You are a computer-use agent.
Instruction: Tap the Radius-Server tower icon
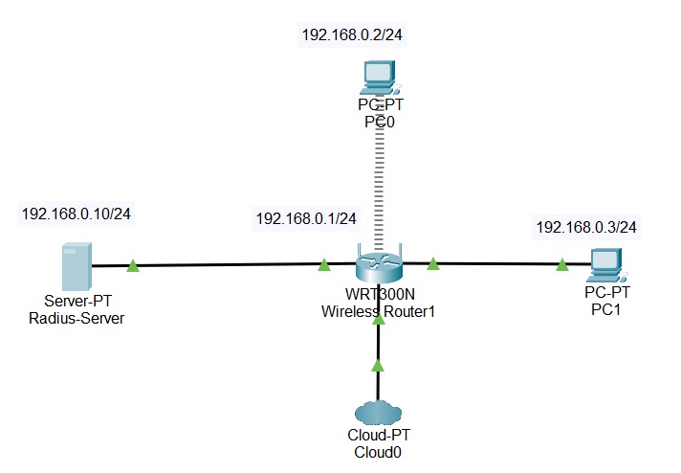pyautogui.click(x=77, y=266)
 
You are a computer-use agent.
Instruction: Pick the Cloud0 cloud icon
pyautogui.click(x=378, y=412)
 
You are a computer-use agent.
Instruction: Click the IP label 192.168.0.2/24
pyautogui.click(x=351, y=35)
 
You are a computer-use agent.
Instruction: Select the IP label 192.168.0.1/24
pyautogui.click(x=305, y=218)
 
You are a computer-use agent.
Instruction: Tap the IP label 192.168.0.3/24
pyautogui.click(x=586, y=227)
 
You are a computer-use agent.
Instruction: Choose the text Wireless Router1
pyautogui.click(x=379, y=311)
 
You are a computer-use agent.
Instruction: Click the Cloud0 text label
pyautogui.click(x=378, y=453)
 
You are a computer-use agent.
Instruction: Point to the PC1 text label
pyautogui.click(x=604, y=307)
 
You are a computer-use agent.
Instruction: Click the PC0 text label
pyautogui.click(x=378, y=122)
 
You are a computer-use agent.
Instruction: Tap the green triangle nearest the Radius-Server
pyautogui.click(x=133, y=265)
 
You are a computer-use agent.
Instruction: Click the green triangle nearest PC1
pyautogui.click(x=561, y=265)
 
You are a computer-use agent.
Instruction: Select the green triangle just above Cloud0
pyautogui.click(x=378, y=365)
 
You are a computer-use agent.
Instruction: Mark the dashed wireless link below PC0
pyautogui.click(x=378, y=187)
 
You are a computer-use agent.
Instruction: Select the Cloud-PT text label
pyautogui.click(x=378, y=438)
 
